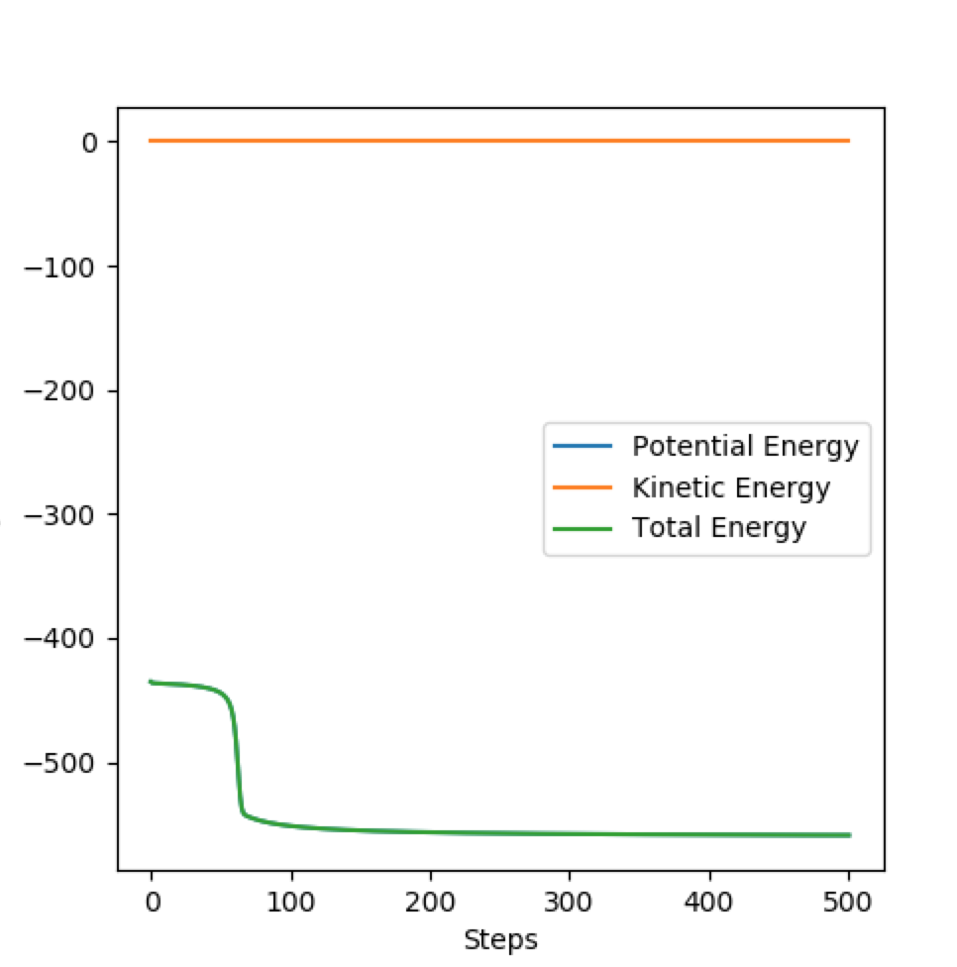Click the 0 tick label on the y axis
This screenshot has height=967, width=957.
[90, 143]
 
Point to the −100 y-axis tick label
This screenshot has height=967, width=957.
[59, 269]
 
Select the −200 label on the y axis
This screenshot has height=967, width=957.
[59, 391]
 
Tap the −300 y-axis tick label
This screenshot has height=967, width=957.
[59, 515]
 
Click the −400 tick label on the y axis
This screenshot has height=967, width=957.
[59, 639]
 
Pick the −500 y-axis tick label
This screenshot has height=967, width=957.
[59, 764]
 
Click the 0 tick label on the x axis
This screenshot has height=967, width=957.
[153, 903]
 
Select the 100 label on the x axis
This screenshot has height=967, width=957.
[290, 903]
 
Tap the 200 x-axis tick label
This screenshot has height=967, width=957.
[430, 903]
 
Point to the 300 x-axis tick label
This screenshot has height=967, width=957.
[569, 903]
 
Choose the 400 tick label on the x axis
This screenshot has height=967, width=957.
[708, 903]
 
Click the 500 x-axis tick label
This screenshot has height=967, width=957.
[848, 903]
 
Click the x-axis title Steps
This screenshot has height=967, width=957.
[500, 941]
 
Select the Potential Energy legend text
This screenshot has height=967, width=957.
[746, 447]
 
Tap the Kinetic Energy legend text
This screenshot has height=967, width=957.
[731, 487]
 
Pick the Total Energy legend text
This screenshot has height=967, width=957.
[719, 528]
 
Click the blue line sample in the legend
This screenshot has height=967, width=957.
[583, 446]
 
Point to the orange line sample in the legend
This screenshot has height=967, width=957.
[583, 487]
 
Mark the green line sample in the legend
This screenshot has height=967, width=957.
[583, 528]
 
